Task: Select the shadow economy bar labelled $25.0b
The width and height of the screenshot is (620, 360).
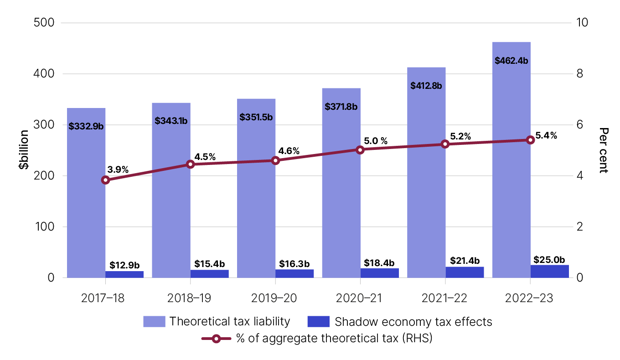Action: (x=549, y=271)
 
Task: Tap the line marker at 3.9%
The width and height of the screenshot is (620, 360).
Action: (x=105, y=180)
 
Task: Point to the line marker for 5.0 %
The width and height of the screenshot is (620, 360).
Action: (x=360, y=149)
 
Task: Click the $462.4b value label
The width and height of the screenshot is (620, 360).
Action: (x=511, y=60)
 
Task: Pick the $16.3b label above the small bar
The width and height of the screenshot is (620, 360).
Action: (x=294, y=264)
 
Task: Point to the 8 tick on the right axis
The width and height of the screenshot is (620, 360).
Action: (x=580, y=74)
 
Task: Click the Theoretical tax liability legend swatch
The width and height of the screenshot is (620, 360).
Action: (x=154, y=321)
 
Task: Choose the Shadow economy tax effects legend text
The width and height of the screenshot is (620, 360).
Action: (x=413, y=321)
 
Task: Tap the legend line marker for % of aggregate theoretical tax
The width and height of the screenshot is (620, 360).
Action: (x=216, y=338)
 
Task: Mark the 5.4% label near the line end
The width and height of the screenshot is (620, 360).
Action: (x=546, y=135)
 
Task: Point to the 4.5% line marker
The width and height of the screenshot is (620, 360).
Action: (x=191, y=164)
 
